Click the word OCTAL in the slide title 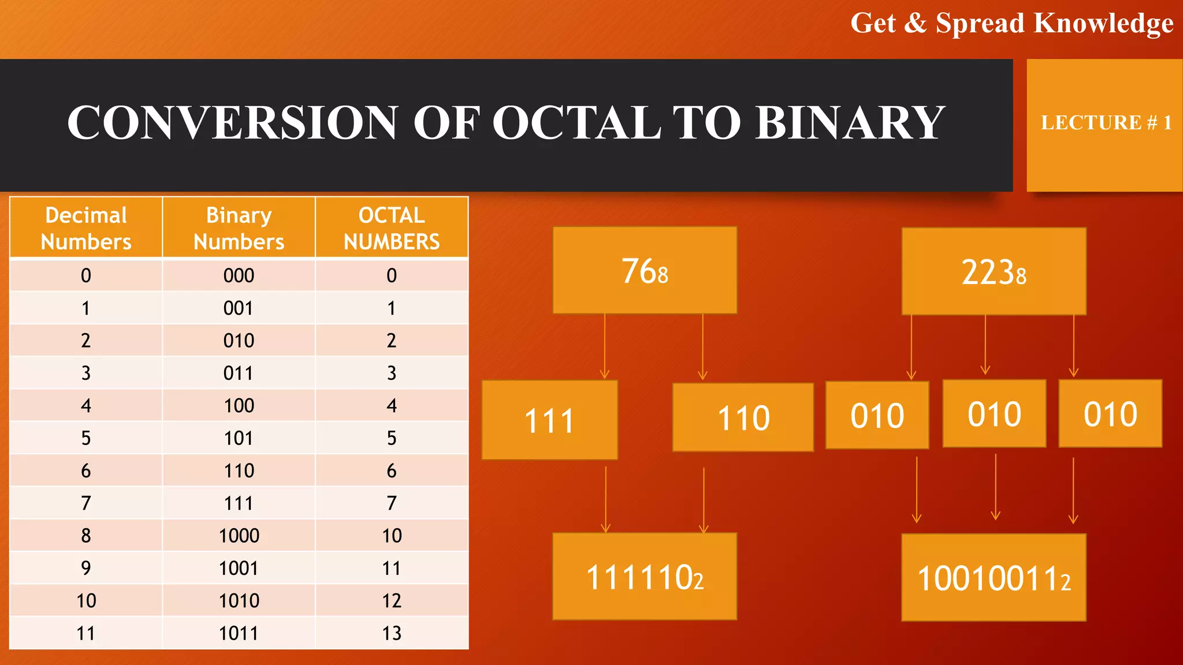[576, 122]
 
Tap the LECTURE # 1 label [1106, 122]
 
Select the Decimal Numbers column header [86, 228]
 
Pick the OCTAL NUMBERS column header [392, 228]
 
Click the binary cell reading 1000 [239, 536]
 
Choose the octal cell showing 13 [392, 633]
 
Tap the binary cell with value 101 [239, 438]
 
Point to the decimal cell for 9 [86, 568]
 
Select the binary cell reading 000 [239, 275]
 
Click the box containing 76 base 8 [645, 270]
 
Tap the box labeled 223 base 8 [994, 271]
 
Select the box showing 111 [549, 420]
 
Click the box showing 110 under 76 [743, 417]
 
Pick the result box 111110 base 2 [645, 577]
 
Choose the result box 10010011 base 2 [994, 578]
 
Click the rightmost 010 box [1110, 413]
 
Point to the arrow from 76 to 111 [605, 346]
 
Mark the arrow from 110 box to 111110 [704, 500]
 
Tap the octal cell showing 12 [392, 601]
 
